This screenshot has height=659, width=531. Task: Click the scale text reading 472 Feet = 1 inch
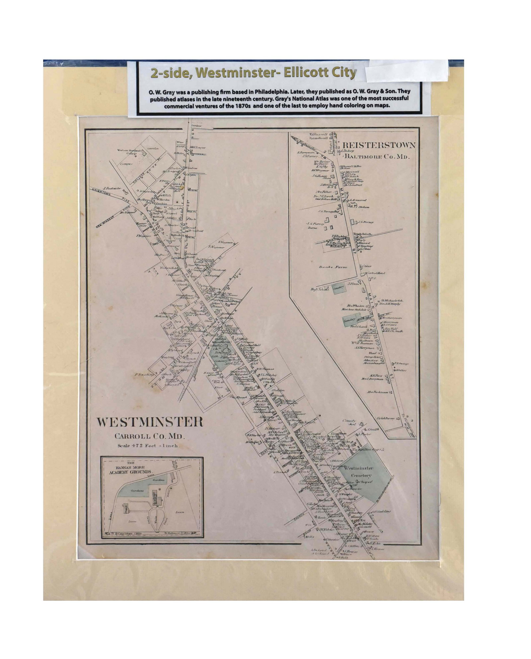point(149,446)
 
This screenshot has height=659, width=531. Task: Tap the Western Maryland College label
point(129,152)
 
